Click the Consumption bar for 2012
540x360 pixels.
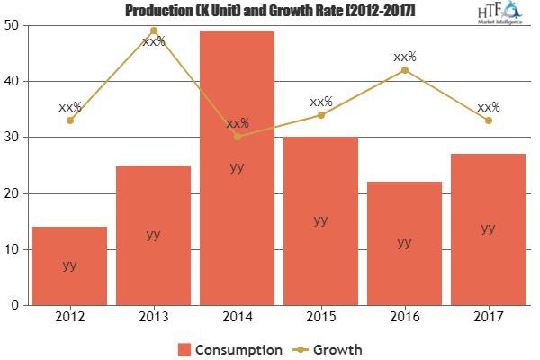coord(69,265)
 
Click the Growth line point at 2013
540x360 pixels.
coord(153,31)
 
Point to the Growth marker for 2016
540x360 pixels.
coord(404,70)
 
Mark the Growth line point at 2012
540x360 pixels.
coord(69,121)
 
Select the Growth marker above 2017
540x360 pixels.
coord(488,121)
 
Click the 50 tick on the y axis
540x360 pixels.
coord(15,25)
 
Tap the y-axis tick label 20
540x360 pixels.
coord(15,193)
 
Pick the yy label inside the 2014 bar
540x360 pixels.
coord(237,166)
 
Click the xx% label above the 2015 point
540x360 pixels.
coord(320,102)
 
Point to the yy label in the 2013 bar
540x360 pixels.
coord(153,234)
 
